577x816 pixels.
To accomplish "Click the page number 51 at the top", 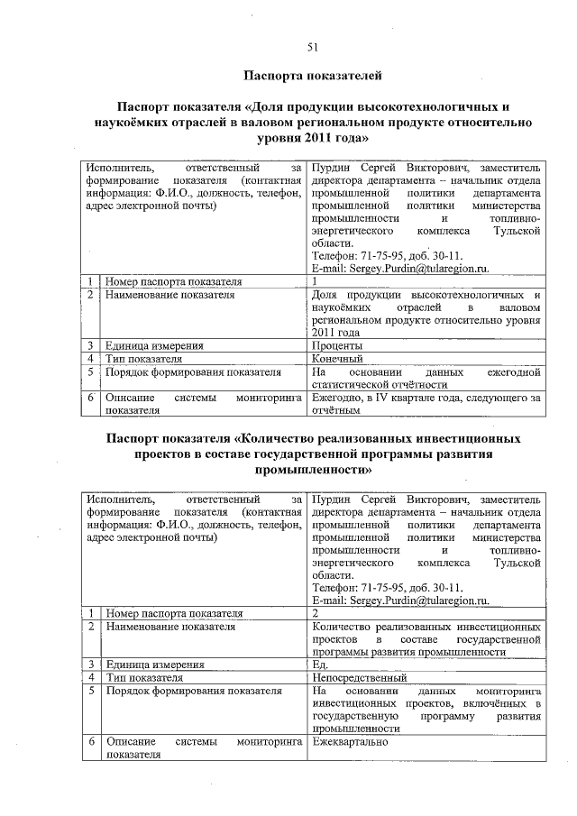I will click(x=311, y=47).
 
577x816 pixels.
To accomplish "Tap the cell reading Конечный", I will click(x=336, y=359).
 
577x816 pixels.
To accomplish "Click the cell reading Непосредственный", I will click(x=358, y=677).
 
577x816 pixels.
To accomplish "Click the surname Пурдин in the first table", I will click(x=331, y=168).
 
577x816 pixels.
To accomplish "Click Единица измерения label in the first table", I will click(x=153, y=345).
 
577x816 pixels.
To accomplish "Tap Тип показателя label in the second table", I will click(x=144, y=677).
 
